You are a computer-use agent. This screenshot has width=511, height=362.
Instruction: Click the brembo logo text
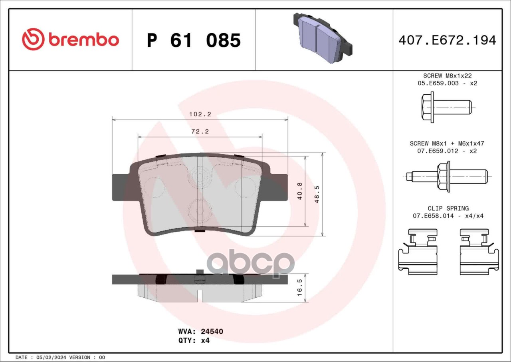pos(84,40)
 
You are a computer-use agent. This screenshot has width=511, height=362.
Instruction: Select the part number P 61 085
pos(194,40)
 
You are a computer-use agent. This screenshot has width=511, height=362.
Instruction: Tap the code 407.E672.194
pos(448,40)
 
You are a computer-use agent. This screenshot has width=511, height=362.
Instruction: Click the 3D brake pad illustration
pos(323,38)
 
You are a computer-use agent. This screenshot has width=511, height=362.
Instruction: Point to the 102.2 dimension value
pos(200,114)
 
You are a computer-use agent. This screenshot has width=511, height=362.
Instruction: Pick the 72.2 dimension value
pos(200,131)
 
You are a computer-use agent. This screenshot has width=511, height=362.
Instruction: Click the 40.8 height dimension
pos(300,191)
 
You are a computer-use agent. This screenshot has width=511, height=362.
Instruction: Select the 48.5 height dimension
pos(317,194)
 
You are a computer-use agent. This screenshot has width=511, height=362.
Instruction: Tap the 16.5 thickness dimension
pos(300,287)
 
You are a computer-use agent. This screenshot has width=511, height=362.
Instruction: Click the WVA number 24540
pos(212,331)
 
